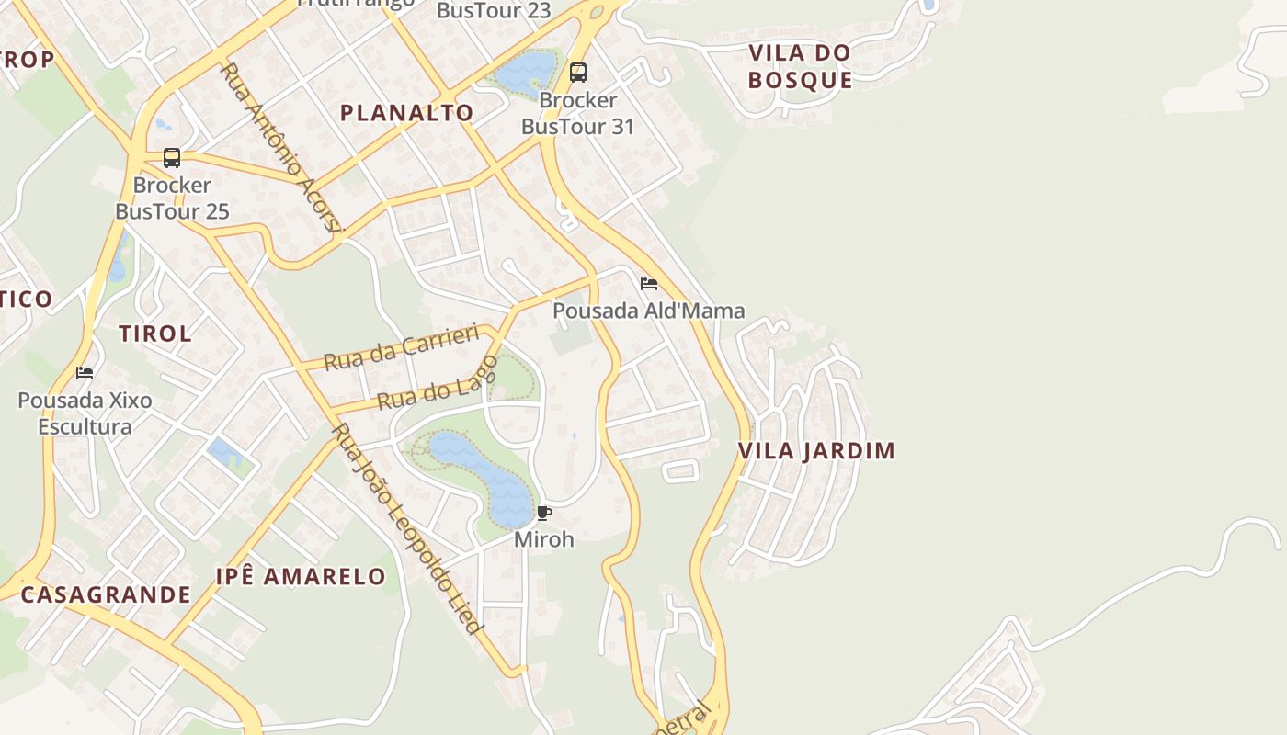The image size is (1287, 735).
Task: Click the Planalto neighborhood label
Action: tap(406, 113)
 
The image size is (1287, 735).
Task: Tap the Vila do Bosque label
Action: tap(800, 66)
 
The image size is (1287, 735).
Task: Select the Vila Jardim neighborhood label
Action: tap(816, 451)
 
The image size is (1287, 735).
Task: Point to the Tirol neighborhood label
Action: tap(155, 334)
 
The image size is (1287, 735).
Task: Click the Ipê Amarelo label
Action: tap(301, 577)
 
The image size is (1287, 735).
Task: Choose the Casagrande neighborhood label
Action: tap(106, 594)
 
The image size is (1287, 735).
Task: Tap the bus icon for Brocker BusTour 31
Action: tap(577, 72)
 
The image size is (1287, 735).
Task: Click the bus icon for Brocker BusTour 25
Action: tap(172, 157)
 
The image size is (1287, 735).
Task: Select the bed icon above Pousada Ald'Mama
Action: tap(649, 283)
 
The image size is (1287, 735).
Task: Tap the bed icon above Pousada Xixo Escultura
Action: tap(85, 372)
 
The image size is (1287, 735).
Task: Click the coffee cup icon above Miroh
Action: tap(543, 513)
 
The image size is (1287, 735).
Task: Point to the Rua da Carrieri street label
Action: tap(403, 346)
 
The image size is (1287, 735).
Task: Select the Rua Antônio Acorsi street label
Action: tap(281, 147)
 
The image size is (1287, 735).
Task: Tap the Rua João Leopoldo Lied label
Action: tap(407, 529)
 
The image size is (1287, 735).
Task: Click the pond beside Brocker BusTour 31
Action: tap(525, 72)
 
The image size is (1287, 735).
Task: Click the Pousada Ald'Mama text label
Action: tap(648, 311)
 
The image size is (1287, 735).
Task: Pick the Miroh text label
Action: tap(543, 539)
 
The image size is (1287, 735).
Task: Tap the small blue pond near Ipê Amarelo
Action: tap(222, 451)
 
